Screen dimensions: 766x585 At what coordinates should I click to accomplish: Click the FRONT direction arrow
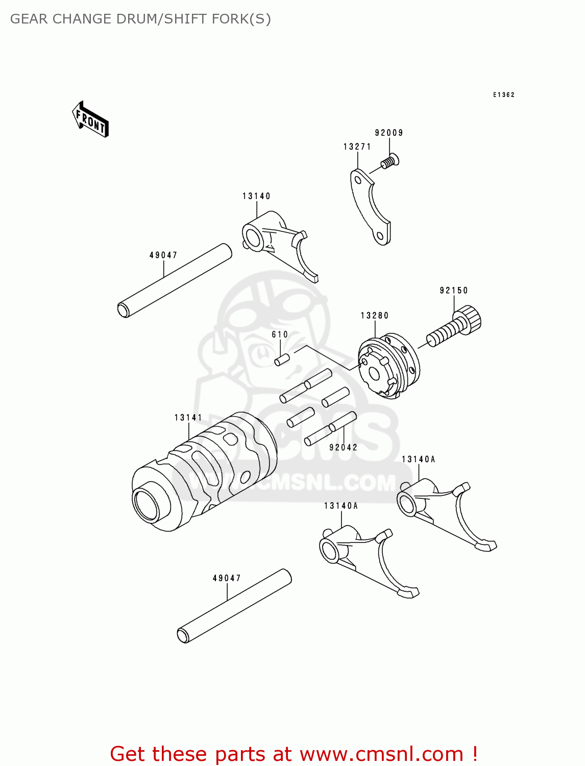tap(90, 119)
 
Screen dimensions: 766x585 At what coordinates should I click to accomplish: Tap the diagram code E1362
tap(503, 95)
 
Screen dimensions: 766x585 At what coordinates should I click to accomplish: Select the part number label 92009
tap(389, 133)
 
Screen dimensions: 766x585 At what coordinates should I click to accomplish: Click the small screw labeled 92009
tap(391, 162)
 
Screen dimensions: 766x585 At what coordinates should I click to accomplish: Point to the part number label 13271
tap(357, 147)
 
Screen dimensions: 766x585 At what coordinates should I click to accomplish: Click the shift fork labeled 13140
tap(278, 243)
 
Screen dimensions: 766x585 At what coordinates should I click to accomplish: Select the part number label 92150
tap(454, 291)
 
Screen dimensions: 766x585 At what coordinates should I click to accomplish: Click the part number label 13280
tap(375, 316)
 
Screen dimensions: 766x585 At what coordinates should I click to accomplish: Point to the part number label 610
tap(280, 334)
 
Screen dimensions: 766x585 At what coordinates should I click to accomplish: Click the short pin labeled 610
tap(282, 360)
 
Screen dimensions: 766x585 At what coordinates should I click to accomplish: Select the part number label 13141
tap(188, 418)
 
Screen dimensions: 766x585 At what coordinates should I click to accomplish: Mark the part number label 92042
tap(343, 447)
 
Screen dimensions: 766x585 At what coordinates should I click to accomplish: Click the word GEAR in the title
tap(30, 19)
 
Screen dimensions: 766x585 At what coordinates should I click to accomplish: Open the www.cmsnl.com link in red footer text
tap(381, 754)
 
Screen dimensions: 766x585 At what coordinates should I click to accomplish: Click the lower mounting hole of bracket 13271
tap(380, 236)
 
